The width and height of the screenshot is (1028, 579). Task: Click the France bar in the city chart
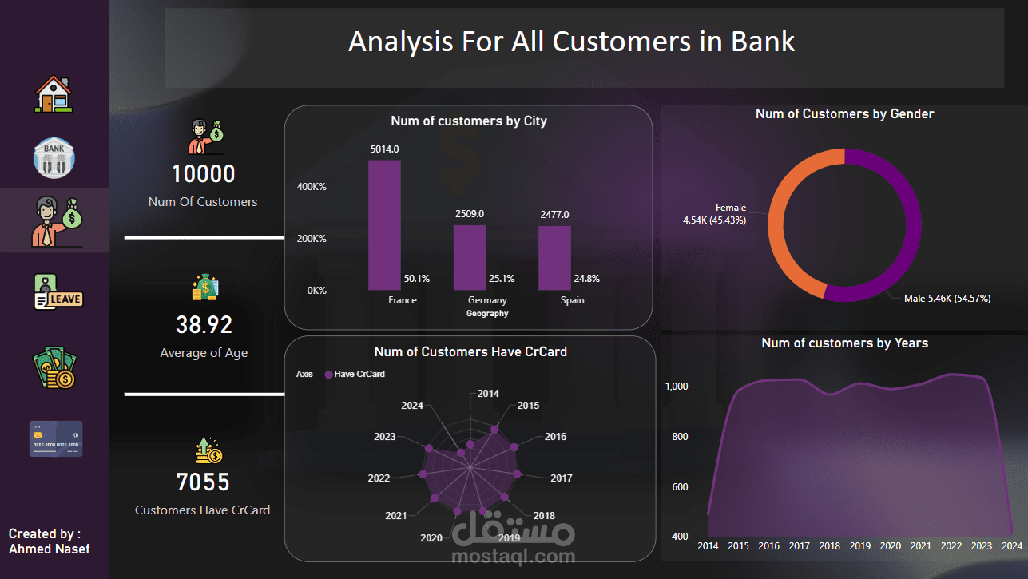(x=384, y=225)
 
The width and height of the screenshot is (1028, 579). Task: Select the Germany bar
(x=469, y=257)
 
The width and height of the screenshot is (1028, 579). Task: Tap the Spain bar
(x=554, y=257)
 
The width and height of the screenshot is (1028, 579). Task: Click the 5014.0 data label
(x=384, y=149)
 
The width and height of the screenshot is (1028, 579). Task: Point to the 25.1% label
(x=501, y=279)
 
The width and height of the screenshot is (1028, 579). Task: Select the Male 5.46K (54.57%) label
(x=947, y=299)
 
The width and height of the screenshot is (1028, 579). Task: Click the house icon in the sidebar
(x=54, y=93)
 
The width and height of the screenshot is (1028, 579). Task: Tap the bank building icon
(x=54, y=157)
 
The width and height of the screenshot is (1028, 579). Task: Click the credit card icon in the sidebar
(x=56, y=438)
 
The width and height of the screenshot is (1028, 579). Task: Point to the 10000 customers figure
(x=203, y=174)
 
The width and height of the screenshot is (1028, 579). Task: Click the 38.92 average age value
(x=204, y=325)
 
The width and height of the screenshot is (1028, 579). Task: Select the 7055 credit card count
(x=203, y=482)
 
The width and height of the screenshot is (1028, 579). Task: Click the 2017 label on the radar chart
(x=562, y=478)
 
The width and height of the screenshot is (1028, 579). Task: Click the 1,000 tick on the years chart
(x=677, y=387)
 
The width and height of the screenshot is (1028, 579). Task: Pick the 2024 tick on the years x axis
(x=1011, y=546)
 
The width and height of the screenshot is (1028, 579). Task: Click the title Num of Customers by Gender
(x=844, y=114)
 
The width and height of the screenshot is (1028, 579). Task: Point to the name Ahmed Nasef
(x=50, y=549)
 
